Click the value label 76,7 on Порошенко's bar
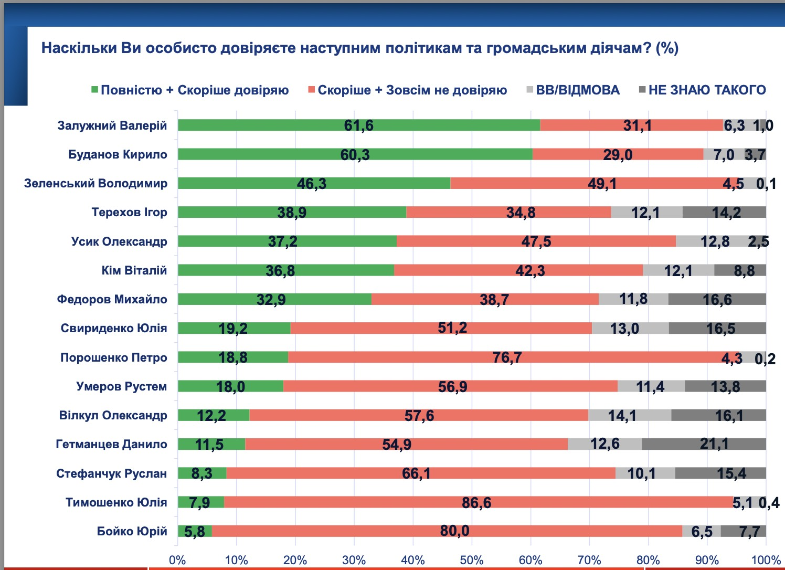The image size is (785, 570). click(507, 357)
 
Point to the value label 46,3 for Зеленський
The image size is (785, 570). click(312, 184)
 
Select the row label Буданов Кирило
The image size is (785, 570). click(118, 154)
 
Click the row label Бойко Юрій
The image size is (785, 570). click(132, 531)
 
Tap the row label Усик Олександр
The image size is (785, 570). click(119, 241)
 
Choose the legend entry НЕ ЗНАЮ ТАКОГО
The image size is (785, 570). click(707, 90)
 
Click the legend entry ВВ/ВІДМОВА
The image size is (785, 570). click(577, 90)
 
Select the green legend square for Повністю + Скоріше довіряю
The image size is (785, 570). click(94, 90)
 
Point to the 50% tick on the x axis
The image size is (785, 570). click(471, 560)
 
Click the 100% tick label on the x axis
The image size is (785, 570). click(766, 560)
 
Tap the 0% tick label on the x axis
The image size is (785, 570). click(177, 560)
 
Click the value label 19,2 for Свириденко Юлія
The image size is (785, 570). click(233, 329)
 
